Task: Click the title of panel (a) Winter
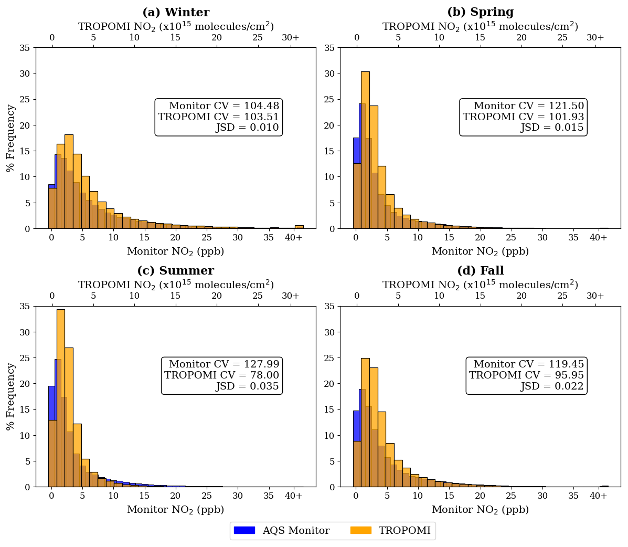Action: (x=176, y=13)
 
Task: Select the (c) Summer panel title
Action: (x=176, y=271)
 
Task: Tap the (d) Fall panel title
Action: (x=480, y=271)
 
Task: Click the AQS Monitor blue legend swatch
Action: (x=244, y=530)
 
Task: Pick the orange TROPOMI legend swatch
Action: (x=360, y=530)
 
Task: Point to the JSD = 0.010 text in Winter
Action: (x=247, y=128)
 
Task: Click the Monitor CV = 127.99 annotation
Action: (x=224, y=364)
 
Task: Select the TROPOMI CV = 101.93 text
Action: (x=523, y=117)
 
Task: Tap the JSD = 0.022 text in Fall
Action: (x=552, y=386)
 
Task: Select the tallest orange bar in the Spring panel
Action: (x=365, y=150)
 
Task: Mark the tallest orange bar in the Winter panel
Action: (x=69, y=181)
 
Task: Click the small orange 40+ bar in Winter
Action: (x=299, y=227)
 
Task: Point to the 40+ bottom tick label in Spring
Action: (x=598, y=237)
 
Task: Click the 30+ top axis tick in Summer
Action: (x=291, y=296)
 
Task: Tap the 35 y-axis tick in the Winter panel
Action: (x=25, y=48)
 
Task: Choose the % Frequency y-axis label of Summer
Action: (x=10, y=396)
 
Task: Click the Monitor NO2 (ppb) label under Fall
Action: (x=480, y=510)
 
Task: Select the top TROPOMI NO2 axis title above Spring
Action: (x=480, y=26)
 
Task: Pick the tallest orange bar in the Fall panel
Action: (x=365, y=422)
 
